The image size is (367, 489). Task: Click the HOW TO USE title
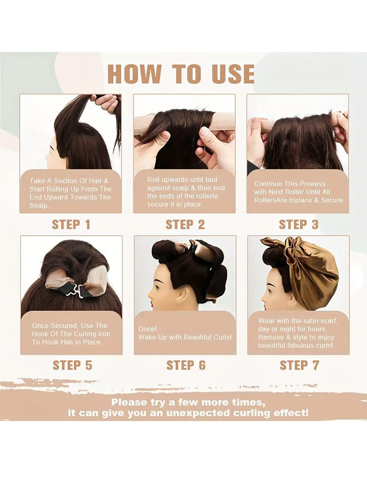coord(181,74)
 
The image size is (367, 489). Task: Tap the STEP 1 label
coord(71,224)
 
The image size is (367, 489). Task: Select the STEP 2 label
coord(185,224)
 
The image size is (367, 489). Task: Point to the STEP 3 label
coord(298,224)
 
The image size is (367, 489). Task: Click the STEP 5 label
coord(72,365)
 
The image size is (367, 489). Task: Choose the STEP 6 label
coord(186,365)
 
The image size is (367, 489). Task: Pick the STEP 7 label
coord(299,365)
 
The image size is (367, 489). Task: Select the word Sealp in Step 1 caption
coord(39,206)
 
